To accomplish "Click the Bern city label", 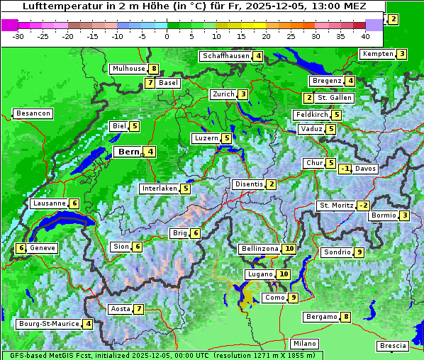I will pos(128,152).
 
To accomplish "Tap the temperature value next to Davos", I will pos(345,169).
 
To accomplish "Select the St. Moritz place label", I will pos(335,206).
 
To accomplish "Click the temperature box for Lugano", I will pos(284,274).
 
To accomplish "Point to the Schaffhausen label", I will pos(225,56).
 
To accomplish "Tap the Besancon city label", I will pos(33,113).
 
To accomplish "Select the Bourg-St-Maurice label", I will pos(48,324).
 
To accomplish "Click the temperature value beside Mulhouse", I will pos(153,69).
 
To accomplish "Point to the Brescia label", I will pos(393,345).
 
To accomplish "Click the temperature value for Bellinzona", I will pos(289,249).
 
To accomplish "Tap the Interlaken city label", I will pos(159,189).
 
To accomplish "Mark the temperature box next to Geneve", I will pos(21,248).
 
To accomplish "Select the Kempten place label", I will pos(377,54).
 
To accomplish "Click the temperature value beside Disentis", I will pos(272,184).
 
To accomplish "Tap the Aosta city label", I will pos(121,309).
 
